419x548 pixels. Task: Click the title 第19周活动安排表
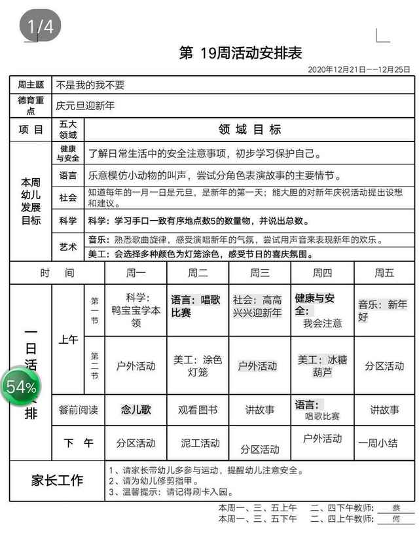pyautogui.click(x=240, y=53)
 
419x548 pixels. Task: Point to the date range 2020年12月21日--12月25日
pyautogui.click(x=359, y=69)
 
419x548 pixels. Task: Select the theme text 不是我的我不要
pyautogui.click(x=90, y=85)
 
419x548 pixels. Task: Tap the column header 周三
pyautogui.click(x=260, y=273)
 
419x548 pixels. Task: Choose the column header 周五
pyautogui.click(x=384, y=273)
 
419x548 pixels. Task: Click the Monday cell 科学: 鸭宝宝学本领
pyautogui.click(x=136, y=310)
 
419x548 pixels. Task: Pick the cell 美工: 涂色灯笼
pyautogui.click(x=198, y=366)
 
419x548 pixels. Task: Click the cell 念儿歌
pyautogui.click(x=136, y=410)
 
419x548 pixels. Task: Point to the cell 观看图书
pyautogui.click(x=198, y=411)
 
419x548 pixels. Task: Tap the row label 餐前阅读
pyautogui.click(x=79, y=411)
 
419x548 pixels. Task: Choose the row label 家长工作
pyautogui.click(x=58, y=480)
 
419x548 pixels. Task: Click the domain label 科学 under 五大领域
pyautogui.click(x=68, y=221)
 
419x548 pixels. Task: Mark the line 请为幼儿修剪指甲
pyautogui.click(x=153, y=481)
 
